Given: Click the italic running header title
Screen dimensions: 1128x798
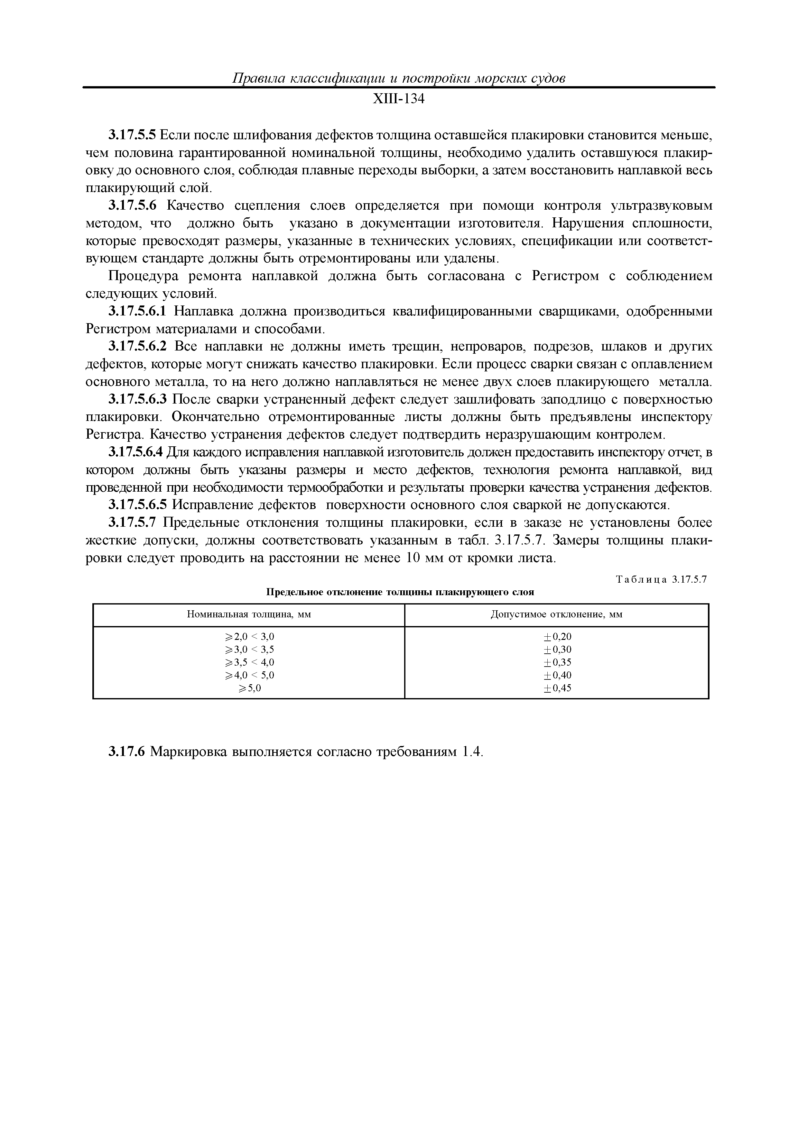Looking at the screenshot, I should [x=398, y=78].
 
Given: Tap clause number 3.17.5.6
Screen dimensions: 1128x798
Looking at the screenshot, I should [x=132, y=205].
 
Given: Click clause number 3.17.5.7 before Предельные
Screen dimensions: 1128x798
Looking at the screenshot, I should [x=132, y=522].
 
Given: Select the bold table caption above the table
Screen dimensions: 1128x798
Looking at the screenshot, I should [x=400, y=592].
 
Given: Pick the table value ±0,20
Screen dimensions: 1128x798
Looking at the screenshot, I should [x=557, y=637].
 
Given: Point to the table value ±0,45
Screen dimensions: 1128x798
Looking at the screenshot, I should [x=557, y=688].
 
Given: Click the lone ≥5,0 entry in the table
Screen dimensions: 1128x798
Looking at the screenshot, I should [x=249, y=688].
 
